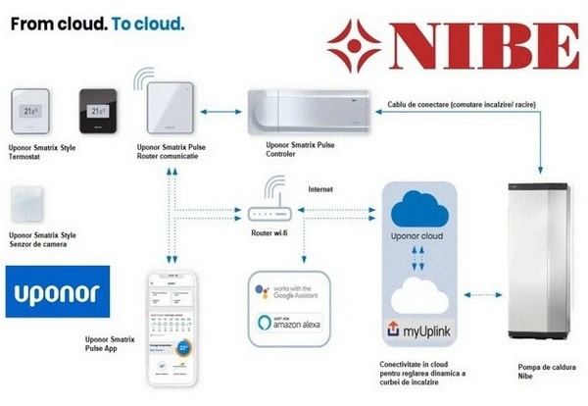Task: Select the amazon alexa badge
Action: (x=291, y=325)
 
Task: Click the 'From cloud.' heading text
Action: (x=55, y=23)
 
